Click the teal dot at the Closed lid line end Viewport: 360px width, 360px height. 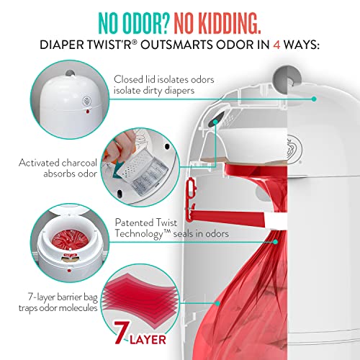[x=315, y=99]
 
